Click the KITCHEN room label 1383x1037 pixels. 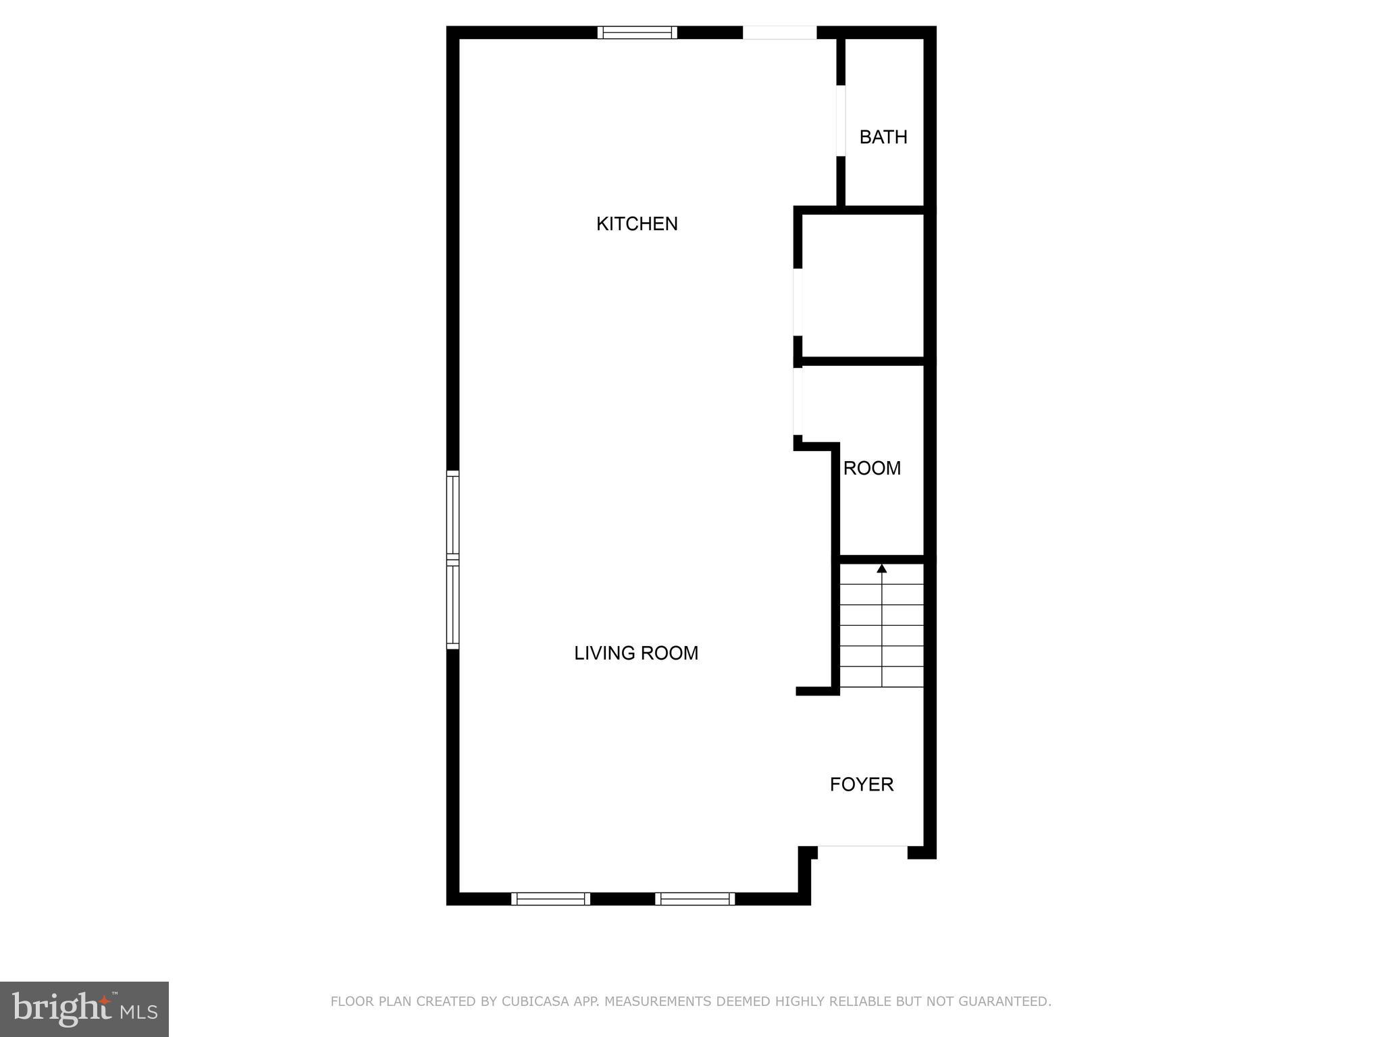(x=637, y=224)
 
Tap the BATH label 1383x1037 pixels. (x=883, y=137)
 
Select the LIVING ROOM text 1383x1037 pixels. (x=636, y=653)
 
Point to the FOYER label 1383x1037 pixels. (x=862, y=784)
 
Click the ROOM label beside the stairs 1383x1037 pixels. (x=872, y=468)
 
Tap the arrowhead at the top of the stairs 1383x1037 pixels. (x=881, y=568)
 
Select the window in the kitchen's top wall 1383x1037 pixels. (x=637, y=32)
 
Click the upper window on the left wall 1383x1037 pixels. (x=452, y=515)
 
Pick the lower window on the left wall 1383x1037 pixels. (x=452, y=606)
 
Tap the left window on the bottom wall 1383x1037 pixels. (x=550, y=899)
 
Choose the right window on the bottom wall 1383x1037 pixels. (x=694, y=899)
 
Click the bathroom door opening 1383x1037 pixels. (x=841, y=121)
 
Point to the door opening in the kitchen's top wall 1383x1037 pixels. (x=779, y=32)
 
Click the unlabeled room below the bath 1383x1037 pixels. (x=862, y=286)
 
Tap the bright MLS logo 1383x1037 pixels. (x=84, y=1009)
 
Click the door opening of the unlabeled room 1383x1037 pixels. (x=798, y=302)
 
